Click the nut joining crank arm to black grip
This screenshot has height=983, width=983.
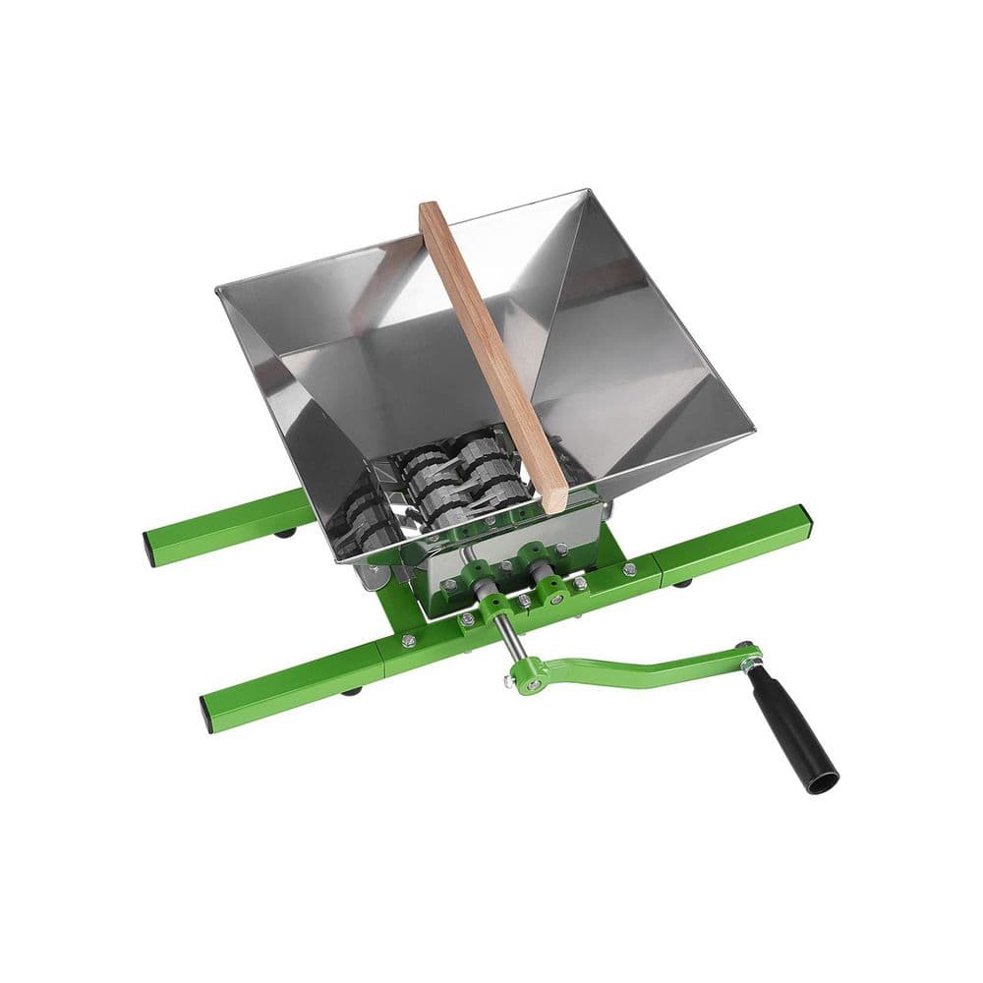click(x=746, y=654)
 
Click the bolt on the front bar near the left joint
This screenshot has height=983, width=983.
click(x=408, y=640)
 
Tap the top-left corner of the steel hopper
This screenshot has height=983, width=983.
click(x=218, y=287)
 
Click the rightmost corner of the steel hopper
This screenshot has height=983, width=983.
click(x=753, y=431)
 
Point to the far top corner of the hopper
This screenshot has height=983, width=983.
click(x=587, y=191)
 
